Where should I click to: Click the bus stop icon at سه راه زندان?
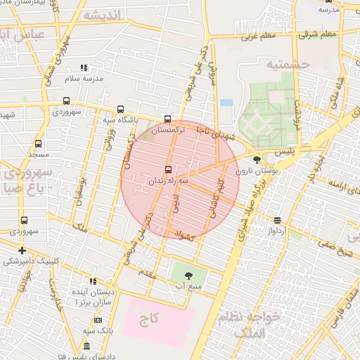click(167, 169)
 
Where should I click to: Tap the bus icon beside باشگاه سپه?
click(121, 110)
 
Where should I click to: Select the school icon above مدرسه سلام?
click(84, 68)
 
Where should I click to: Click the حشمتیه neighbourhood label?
click(287, 65)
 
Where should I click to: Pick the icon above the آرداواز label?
click(277, 220)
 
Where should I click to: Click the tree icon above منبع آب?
click(188, 275)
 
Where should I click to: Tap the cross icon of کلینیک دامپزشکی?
click(23, 250)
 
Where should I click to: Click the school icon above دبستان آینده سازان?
click(93, 281)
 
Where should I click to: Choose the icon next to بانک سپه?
click(98, 320)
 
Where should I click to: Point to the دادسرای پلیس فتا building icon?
click(86, 346)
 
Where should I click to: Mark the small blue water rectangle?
click(226, 103)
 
